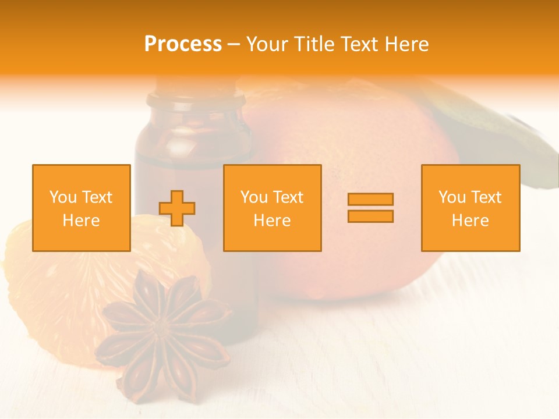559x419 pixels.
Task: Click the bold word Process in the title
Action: (183, 44)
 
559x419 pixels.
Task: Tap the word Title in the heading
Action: (316, 44)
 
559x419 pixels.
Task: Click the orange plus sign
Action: (177, 208)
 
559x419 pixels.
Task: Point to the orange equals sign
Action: (370, 208)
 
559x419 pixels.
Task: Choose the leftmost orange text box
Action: (82, 208)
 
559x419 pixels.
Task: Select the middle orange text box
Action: (273, 208)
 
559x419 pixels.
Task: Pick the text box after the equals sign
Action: (470, 208)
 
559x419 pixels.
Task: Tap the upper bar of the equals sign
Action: (370, 200)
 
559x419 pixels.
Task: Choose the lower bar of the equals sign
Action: (370, 216)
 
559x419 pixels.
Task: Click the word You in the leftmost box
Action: (63, 197)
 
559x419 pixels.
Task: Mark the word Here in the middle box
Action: (273, 221)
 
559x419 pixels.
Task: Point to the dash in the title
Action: (234, 44)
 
